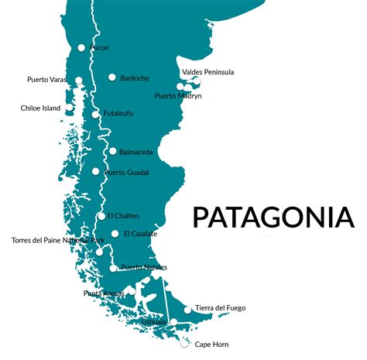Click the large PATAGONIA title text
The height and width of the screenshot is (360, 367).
tap(273, 217)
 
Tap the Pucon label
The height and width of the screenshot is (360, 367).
tap(99, 48)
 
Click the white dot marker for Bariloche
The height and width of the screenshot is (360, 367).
tap(112, 77)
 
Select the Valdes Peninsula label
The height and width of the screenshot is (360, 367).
tap(208, 72)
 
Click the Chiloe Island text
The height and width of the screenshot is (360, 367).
tap(41, 108)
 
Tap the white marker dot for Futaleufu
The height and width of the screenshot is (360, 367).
tap(95, 115)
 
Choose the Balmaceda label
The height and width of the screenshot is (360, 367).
tap(135, 152)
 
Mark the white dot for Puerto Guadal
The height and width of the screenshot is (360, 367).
tap(95, 172)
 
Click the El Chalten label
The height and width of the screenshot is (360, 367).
tap(123, 216)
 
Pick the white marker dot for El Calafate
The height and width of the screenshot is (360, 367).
tap(115, 234)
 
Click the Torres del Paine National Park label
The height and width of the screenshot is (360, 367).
tap(57, 241)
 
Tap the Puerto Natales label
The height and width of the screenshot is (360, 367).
tap(144, 267)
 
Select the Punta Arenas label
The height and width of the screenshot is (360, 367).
tap(103, 293)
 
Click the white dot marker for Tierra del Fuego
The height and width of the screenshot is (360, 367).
tap(187, 310)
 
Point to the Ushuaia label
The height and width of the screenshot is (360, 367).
tap(154, 321)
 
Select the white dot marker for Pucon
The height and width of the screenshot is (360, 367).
tap(81, 48)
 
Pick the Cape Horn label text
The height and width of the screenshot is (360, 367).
tap(211, 345)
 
